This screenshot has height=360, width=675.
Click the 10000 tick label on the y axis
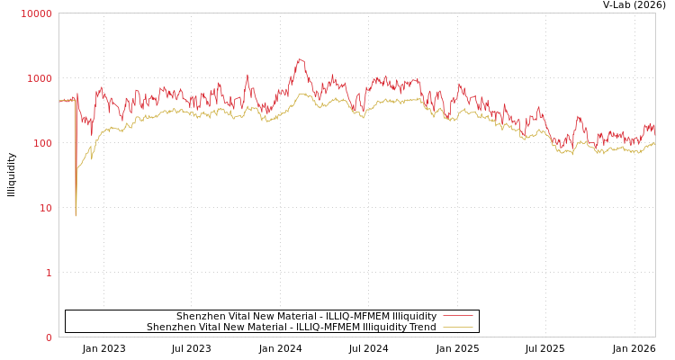(x=37, y=13)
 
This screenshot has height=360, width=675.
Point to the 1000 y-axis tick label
(x=40, y=78)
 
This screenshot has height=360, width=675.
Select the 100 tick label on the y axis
(x=42, y=143)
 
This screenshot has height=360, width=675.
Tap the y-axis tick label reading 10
(x=45, y=208)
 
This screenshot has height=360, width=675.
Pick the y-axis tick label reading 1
(x=49, y=273)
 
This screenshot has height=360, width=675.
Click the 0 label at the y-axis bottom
(x=49, y=337)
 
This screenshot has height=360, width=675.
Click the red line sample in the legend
(x=458, y=316)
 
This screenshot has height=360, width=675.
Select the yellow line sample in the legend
(x=458, y=327)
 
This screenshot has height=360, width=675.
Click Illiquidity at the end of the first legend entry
(x=414, y=316)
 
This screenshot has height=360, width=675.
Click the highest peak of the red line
(x=300, y=59)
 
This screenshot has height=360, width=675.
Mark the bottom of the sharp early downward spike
(x=76, y=215)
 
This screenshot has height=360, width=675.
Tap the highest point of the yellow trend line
(x=303, y=94)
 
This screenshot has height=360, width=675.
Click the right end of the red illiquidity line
(x=654, y=129)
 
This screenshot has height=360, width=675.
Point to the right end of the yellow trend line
(x=654, y=144)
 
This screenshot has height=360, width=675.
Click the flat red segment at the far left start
(x=66, y=101)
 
